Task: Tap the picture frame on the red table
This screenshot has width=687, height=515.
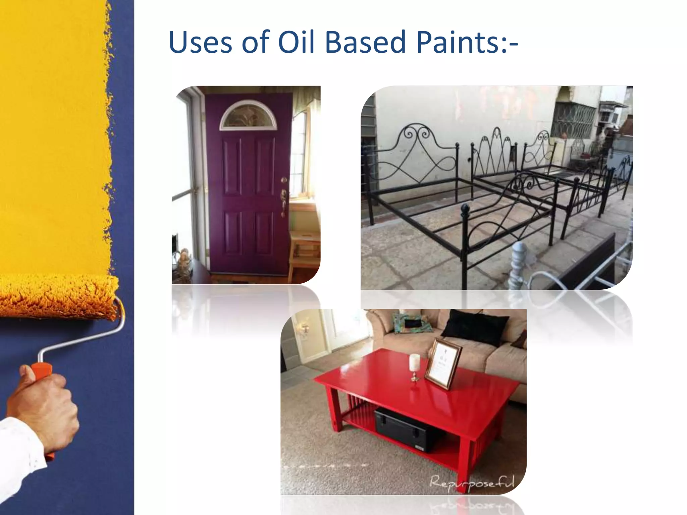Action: [x=443, y=363]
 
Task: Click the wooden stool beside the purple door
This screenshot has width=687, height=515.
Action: [x=304, y=248]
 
